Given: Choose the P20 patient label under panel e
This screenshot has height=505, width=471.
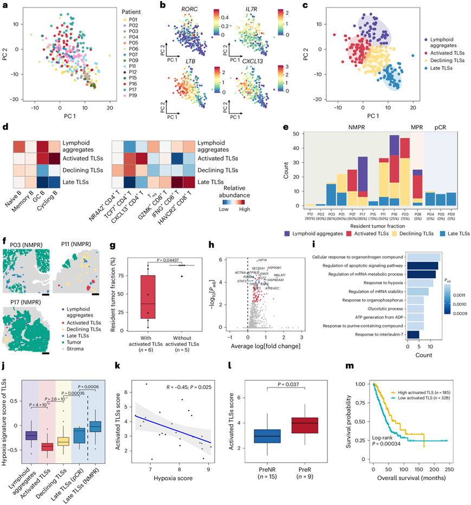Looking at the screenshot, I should [404, 212].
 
